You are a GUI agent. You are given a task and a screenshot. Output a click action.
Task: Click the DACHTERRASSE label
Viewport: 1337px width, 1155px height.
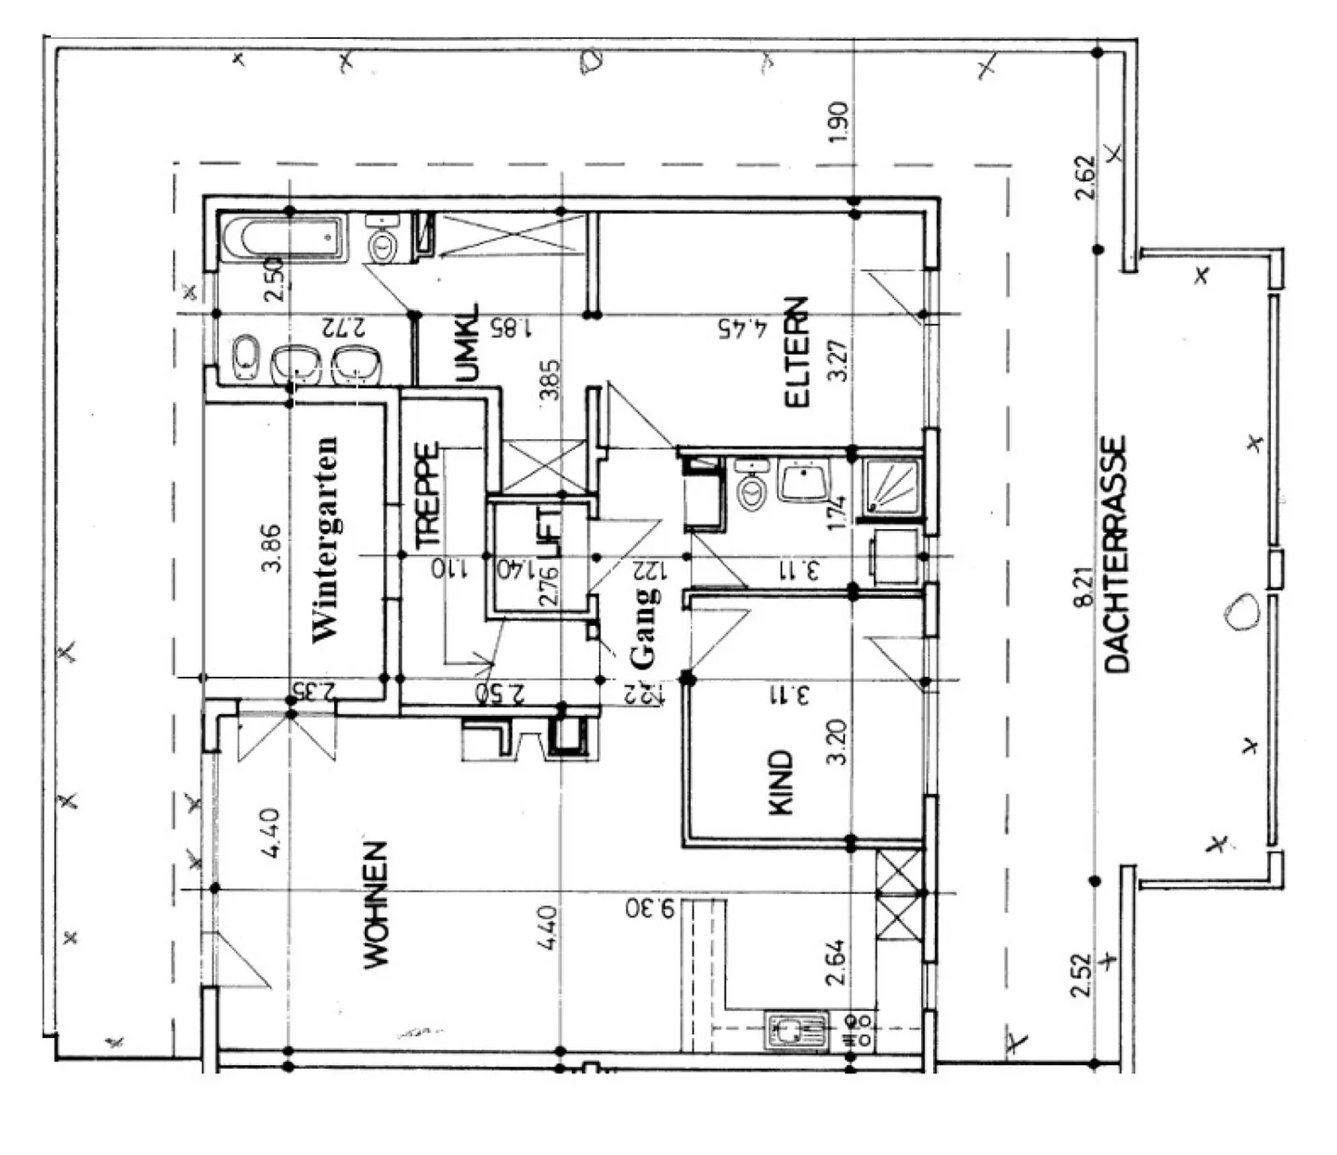point(1116,553)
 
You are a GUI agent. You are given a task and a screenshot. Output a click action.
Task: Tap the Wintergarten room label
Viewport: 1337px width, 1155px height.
point(326,539)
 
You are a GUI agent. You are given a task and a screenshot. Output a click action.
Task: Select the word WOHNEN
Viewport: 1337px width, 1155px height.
point(375,905)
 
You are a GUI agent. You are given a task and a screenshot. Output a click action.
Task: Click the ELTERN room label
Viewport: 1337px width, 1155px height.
point(798,353)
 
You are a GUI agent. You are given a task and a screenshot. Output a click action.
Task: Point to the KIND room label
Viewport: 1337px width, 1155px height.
point(783,783)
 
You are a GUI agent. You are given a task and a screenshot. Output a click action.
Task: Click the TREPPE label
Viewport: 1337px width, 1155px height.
point(426,494)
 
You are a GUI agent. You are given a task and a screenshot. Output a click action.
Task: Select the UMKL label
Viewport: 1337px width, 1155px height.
point(469,344)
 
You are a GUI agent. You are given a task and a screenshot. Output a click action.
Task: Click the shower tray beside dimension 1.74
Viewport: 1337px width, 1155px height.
point(892,487)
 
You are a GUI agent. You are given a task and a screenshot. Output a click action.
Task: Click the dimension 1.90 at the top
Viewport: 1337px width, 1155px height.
point(837,122)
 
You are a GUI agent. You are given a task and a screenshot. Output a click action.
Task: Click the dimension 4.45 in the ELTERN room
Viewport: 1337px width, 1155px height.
point(744,328)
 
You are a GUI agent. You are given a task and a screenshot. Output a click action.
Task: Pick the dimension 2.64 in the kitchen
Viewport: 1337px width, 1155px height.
point(837,963)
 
